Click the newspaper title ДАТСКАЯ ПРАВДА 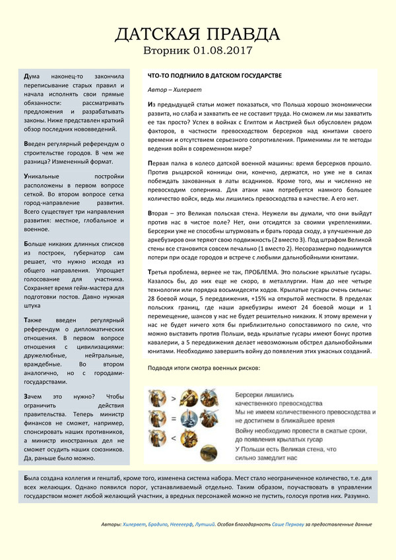(198, 34)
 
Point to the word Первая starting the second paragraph (161, 162)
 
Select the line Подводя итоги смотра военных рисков (204, 367)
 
